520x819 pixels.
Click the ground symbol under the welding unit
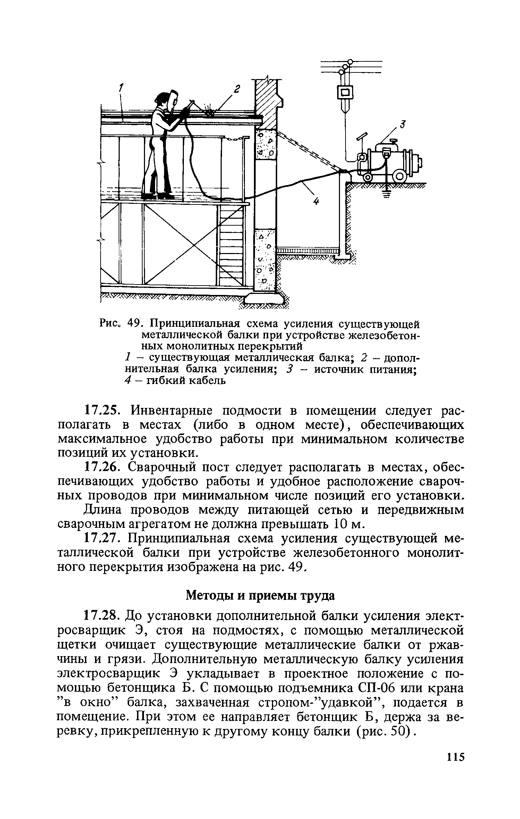pos(386,194)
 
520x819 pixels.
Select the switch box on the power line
pos(345,92)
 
